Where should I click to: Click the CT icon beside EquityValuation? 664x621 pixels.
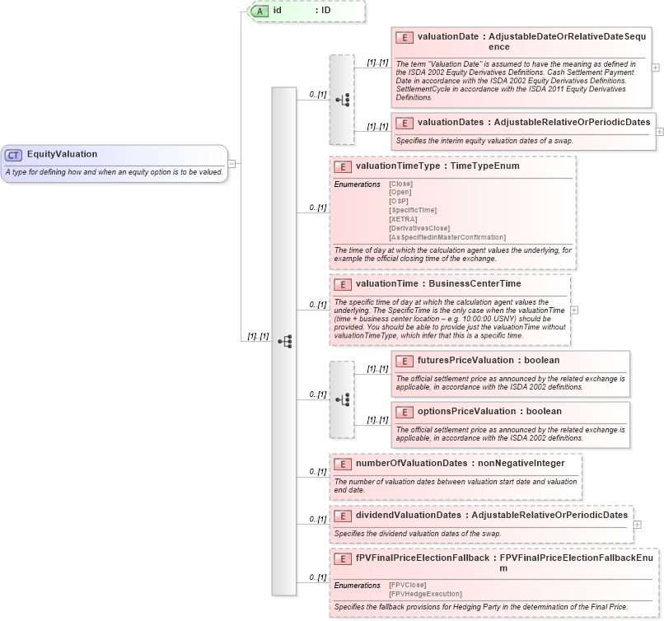(x=14, y=154)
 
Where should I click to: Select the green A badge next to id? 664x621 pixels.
(x=260, y=11)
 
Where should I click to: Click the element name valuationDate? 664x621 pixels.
(x=448, y=37)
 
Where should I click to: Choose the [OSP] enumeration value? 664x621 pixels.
(x=399, y=201)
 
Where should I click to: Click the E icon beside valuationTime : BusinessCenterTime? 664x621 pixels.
(x=343, y=284)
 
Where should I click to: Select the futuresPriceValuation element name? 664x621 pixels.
(x=466, y=360)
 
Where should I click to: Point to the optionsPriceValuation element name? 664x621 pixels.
(x=467, y=411)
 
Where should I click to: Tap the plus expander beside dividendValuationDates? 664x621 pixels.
(x=637, y=525)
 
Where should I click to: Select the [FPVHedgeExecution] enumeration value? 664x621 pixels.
(x=425, y=593)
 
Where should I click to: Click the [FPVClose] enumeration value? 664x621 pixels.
(x=407, y=585)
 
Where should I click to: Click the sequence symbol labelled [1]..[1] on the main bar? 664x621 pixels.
(x=284, y=341)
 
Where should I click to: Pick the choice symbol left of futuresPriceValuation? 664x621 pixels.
(x=342, y=399)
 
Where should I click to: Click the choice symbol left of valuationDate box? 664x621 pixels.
(x=342, y=100)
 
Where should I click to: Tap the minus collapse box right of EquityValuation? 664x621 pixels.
(x=231, y=163)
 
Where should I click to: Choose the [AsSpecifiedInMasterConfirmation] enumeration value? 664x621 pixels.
(x=447, y=237)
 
